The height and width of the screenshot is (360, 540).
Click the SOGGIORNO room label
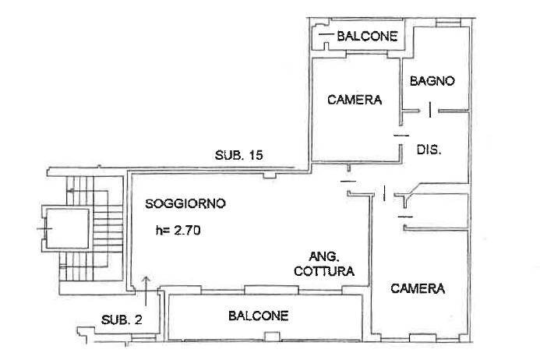[185, 203]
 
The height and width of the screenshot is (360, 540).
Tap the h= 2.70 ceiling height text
[178, 230]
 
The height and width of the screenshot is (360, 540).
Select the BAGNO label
[432, 81]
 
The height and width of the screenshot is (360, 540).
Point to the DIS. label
[429, 150]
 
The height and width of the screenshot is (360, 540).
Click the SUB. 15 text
[238, 155]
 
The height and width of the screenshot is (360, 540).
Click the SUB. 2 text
[122, 320]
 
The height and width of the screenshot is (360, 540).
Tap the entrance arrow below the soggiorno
[146, 291]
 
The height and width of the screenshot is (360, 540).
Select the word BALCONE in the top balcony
[367, 36]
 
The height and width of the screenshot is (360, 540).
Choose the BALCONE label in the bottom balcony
[258, 316]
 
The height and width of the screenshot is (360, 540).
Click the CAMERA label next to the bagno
[355, 100]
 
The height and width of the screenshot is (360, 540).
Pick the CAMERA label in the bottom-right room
[418, 288]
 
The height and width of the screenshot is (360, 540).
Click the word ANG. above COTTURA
[324, 257]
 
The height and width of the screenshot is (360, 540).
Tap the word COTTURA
[324, 271]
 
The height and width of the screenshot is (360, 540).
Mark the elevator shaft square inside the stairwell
[67, 228]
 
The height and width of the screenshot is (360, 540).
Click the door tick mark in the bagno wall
[430, 110]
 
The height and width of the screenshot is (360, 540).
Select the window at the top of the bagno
[448, 23]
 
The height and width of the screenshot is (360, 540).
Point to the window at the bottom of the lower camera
[422, 338]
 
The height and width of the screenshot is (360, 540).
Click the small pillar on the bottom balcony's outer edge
[272, 337]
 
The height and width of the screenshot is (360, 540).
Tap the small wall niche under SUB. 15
[270, 175]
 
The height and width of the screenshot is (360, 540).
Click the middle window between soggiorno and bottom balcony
[271, 290]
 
